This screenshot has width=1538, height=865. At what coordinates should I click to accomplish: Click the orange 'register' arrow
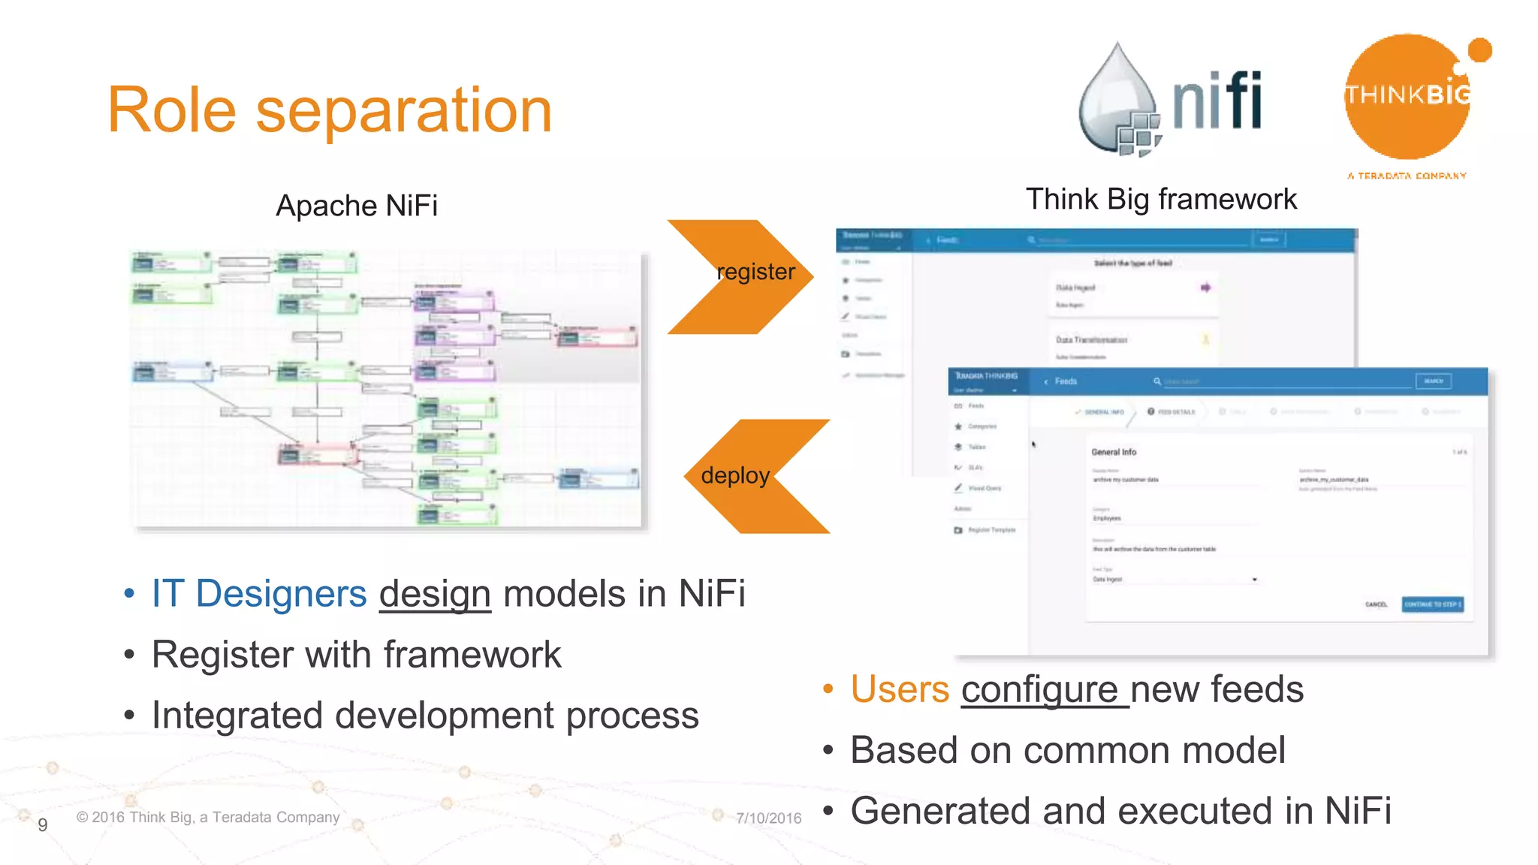point(740,276)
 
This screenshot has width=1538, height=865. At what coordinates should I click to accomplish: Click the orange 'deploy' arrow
point(755,476)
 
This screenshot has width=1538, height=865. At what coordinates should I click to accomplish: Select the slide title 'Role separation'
point(330,110)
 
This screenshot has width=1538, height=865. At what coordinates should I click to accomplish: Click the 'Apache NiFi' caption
point(357,206)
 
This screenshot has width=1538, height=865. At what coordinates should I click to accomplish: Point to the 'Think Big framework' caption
point(1161,200)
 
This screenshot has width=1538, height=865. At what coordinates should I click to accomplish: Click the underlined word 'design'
point(435,594)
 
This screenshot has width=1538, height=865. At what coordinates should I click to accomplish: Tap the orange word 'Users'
point(900,689)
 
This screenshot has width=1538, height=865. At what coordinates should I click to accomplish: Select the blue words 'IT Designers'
point(259,594)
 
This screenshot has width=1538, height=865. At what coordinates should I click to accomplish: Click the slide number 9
point(43,824)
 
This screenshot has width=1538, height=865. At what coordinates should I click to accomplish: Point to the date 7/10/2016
point(768,818)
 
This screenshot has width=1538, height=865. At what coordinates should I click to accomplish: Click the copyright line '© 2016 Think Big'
point(208,817)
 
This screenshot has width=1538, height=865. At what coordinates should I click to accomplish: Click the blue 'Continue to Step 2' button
point(1432,604)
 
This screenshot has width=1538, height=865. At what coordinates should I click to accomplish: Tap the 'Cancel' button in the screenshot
point(1376,604)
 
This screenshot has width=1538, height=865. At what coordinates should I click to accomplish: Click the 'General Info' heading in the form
point(1114,452)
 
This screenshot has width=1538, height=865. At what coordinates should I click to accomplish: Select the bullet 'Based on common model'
point(1067,750)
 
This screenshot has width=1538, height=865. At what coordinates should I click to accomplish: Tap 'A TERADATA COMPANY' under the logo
point(1407,176)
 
